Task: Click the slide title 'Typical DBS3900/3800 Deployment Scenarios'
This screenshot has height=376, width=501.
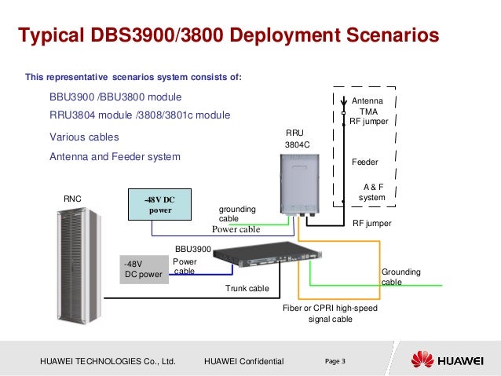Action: click(x=228, y=37)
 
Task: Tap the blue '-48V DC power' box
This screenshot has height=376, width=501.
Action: click(x=159, y=204)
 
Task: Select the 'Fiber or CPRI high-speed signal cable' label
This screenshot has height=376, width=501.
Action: click(x=330, y=313)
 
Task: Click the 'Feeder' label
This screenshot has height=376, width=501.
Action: click(x=364, y=162)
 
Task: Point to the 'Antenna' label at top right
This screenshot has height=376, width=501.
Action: click(x=366, y=102)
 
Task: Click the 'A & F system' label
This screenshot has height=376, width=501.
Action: click(x=372, y=192)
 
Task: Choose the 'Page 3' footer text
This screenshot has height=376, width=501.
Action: click(x=335, y=360)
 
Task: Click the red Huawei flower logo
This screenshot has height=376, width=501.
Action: click(x=422, y=360)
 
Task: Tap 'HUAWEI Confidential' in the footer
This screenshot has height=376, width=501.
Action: click(x=243, y=361)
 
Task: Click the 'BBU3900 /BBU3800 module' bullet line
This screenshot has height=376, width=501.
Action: click(x=115, y=97)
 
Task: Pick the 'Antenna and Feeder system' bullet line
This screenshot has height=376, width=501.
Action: click(x=115, y=157)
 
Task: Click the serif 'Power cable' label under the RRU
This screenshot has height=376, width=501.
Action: click(x=235, y=230)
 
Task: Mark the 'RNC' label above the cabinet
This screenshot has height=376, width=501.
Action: click(x=72, y=199)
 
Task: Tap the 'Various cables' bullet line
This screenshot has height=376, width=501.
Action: click(x=84, y=137)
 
